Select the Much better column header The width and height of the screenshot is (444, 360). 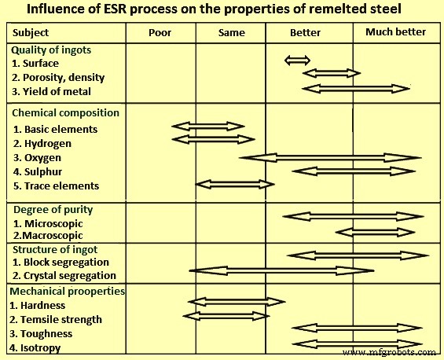(x=396, y=32)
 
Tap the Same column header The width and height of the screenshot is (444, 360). (x=230, y=33)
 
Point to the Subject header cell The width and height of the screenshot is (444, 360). (x=31, y=33)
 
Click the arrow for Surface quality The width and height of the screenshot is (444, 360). (x=297, y=61)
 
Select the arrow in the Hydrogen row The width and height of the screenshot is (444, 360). (x=207, y=139)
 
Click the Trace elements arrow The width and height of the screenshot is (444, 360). (x=235, y=184)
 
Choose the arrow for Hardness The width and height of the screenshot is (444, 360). (x=236, y=301)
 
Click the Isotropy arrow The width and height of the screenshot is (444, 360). (x=357, y=343)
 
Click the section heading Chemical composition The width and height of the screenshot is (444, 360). (x=65, y=112)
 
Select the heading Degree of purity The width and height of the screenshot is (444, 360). (x=53, y=210)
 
